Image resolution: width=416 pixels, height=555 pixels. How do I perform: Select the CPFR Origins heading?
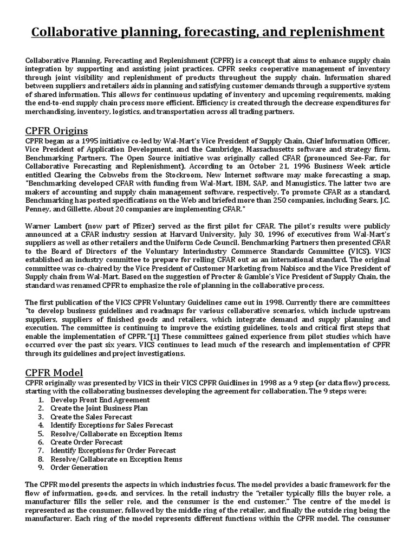pos(57,131)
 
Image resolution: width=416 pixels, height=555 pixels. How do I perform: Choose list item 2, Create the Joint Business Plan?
pos(99,408)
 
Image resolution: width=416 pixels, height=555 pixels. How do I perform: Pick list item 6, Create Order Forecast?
pos(86,442)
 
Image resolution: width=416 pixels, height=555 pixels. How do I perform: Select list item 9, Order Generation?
pos(79,467)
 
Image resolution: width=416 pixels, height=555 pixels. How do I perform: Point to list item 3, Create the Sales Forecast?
pos(91,417)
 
